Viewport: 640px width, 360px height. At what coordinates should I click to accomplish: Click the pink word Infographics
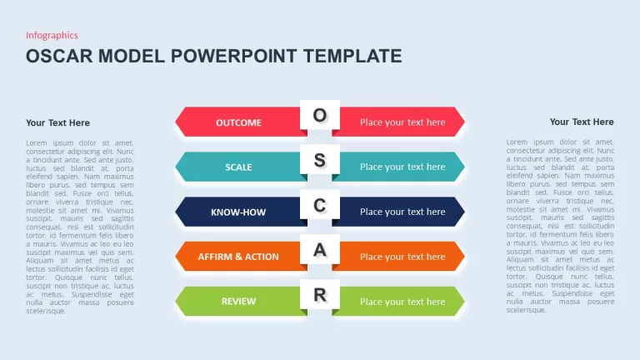pyautogui.click(x=52, y=36)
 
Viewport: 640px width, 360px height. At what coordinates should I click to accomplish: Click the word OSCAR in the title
pyautogui.click(x=60, y=57)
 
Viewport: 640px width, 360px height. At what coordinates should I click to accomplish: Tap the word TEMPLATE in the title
pyautogui.click(x=352, y=57)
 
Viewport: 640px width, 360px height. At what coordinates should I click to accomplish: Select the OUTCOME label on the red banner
pyautogui.click(x=239, y=122)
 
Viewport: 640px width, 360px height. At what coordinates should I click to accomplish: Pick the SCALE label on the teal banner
pyautogui.click(x=239, y=167)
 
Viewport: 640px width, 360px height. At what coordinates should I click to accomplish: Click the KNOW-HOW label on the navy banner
pyautogui.click(x=238, y=212)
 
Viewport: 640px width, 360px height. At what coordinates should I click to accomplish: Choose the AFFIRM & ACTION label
pyautogui.click(x=238, y=257)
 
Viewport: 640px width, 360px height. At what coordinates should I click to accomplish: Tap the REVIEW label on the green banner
pyautogui.click(x=239, y=301)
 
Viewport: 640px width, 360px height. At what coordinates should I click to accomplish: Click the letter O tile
pyautogui.click(x=320, y=115)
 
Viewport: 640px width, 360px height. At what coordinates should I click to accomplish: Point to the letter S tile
pyautogui.click(x=320, y=160)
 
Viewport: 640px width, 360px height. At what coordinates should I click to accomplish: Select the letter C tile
pyautogui.click(x=320, y=204)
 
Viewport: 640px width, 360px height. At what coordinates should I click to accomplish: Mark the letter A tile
pyautogui.click(x=320, y=249)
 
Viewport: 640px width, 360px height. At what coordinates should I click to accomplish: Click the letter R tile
pyautogui.click(x=320, y=294)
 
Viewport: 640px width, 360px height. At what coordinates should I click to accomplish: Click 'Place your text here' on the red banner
pyautogui.click(x=402, y=122)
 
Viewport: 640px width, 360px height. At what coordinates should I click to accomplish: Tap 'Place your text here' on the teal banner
pyautogui.click(x=402, y=167)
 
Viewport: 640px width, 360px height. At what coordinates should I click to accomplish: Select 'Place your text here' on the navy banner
pyautogui.click(x=402, y=212)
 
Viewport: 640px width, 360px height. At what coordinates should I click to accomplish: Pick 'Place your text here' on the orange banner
pyautogui.click(x=402, y=257)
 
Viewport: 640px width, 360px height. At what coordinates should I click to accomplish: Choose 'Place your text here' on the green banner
pyautogui.click(x=402, y=302)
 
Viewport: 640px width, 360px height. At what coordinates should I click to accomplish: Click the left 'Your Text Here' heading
pyautogui.click(x=58, y=122)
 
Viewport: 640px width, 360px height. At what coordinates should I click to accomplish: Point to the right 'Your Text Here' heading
pyautogui.click(x=582, y=122)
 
